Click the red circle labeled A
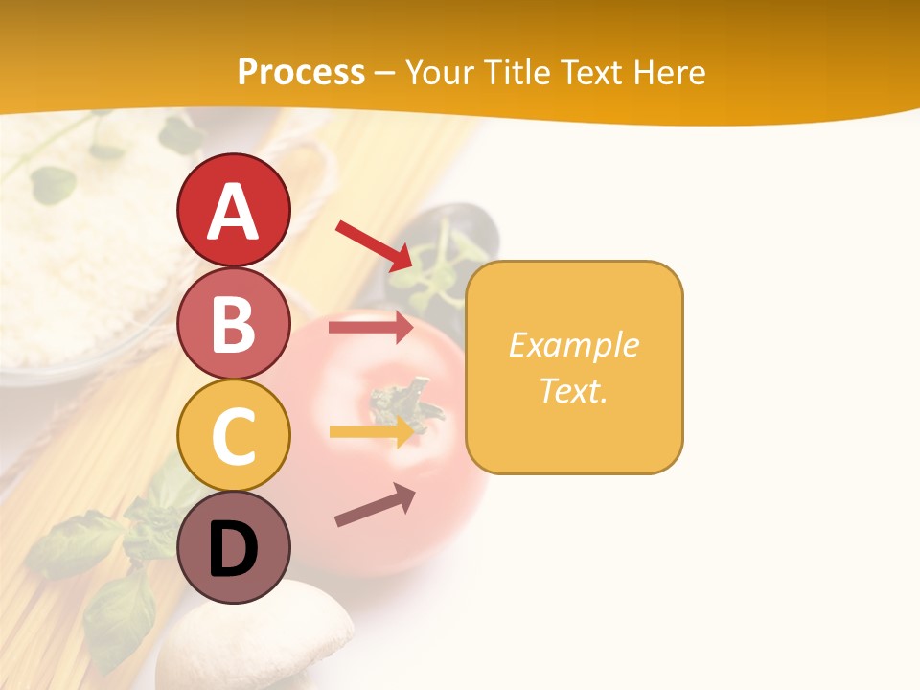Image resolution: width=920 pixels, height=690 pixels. (233, 210)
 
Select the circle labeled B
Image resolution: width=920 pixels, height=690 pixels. (233, 323)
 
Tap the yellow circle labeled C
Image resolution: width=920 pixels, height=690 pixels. (233, 436)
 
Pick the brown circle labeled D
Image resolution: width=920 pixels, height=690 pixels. (233, 549)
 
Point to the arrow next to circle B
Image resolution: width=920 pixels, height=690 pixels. (371, 328)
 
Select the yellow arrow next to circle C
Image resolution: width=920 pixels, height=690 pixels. (372, 432)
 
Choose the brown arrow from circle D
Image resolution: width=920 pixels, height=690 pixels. (375, 505)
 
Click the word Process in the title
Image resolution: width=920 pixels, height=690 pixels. (301, 73)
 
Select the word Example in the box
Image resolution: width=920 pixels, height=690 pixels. (574, 345)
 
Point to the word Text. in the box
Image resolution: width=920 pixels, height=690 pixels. (574, 391)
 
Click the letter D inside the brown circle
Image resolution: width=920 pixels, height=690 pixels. (233, 550)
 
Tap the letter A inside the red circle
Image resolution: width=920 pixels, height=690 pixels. (233, 212)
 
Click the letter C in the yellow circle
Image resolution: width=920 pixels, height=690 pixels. (233, 437)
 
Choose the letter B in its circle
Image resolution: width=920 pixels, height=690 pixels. (233, 324)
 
